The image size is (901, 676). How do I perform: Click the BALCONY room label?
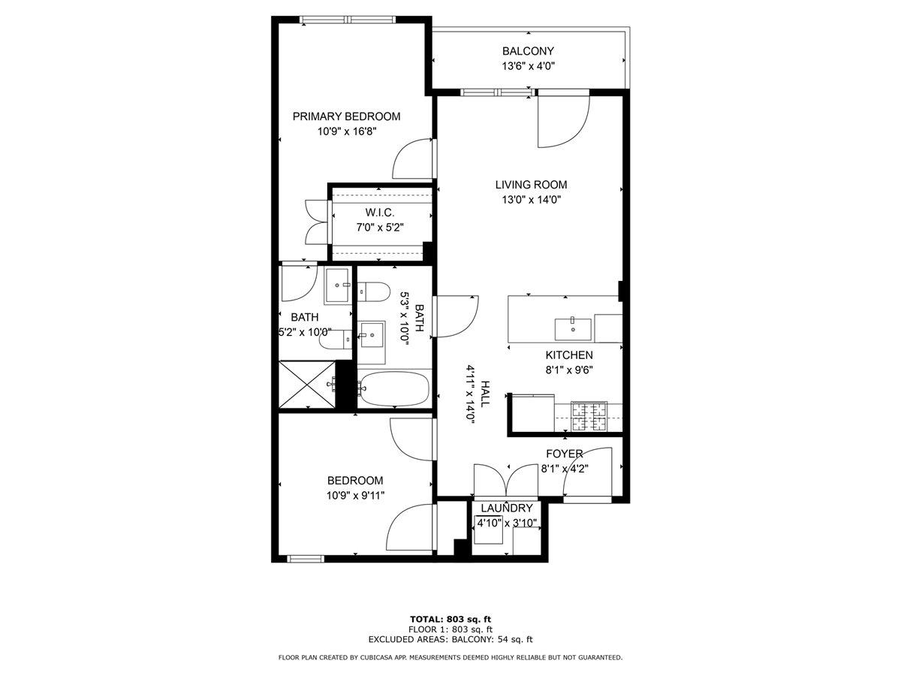[528, 51]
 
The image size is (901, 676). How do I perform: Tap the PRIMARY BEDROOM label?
[346, 116]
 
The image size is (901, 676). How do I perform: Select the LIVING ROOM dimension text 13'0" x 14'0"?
[531, 200]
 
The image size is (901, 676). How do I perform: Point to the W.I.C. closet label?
[380, 213]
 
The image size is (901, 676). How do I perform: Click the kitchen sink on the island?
[573, 330]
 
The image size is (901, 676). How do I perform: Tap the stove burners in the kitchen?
[589, 416]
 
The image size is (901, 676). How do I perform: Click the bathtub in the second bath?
[394, 388]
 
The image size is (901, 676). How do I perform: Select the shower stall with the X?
[307, 384]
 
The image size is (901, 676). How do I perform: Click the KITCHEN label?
[569, 355]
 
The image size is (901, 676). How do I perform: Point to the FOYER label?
[565, 454]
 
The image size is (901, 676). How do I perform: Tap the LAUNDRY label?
[507, 509]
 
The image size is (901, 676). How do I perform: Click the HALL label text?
[485, 394]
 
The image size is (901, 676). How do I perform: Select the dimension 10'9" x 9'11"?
[355, 496]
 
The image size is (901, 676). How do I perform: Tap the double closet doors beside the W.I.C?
[316, 222]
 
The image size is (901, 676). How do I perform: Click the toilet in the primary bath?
[336, 340]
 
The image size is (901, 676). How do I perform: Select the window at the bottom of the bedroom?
[305, 559]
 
